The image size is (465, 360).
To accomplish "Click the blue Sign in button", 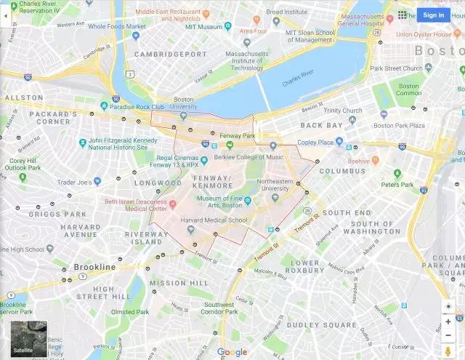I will click(433, 15).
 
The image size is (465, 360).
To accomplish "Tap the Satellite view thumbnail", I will click(28, 339).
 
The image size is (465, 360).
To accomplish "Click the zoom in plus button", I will click(448, 321).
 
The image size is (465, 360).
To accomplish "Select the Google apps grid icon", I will click(403, 15).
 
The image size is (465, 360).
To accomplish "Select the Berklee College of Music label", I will click(249, 156).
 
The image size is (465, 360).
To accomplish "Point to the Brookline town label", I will click(94, 267).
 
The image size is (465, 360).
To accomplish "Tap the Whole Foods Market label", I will click(112, 27).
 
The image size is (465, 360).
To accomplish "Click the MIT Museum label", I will click(204, 26).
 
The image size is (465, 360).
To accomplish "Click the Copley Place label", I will click(316, 143).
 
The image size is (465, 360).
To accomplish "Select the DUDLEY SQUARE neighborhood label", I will click(322, 324).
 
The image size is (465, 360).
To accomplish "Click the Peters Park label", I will click(397, 184).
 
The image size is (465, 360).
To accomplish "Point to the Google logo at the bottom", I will click(232, 352).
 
